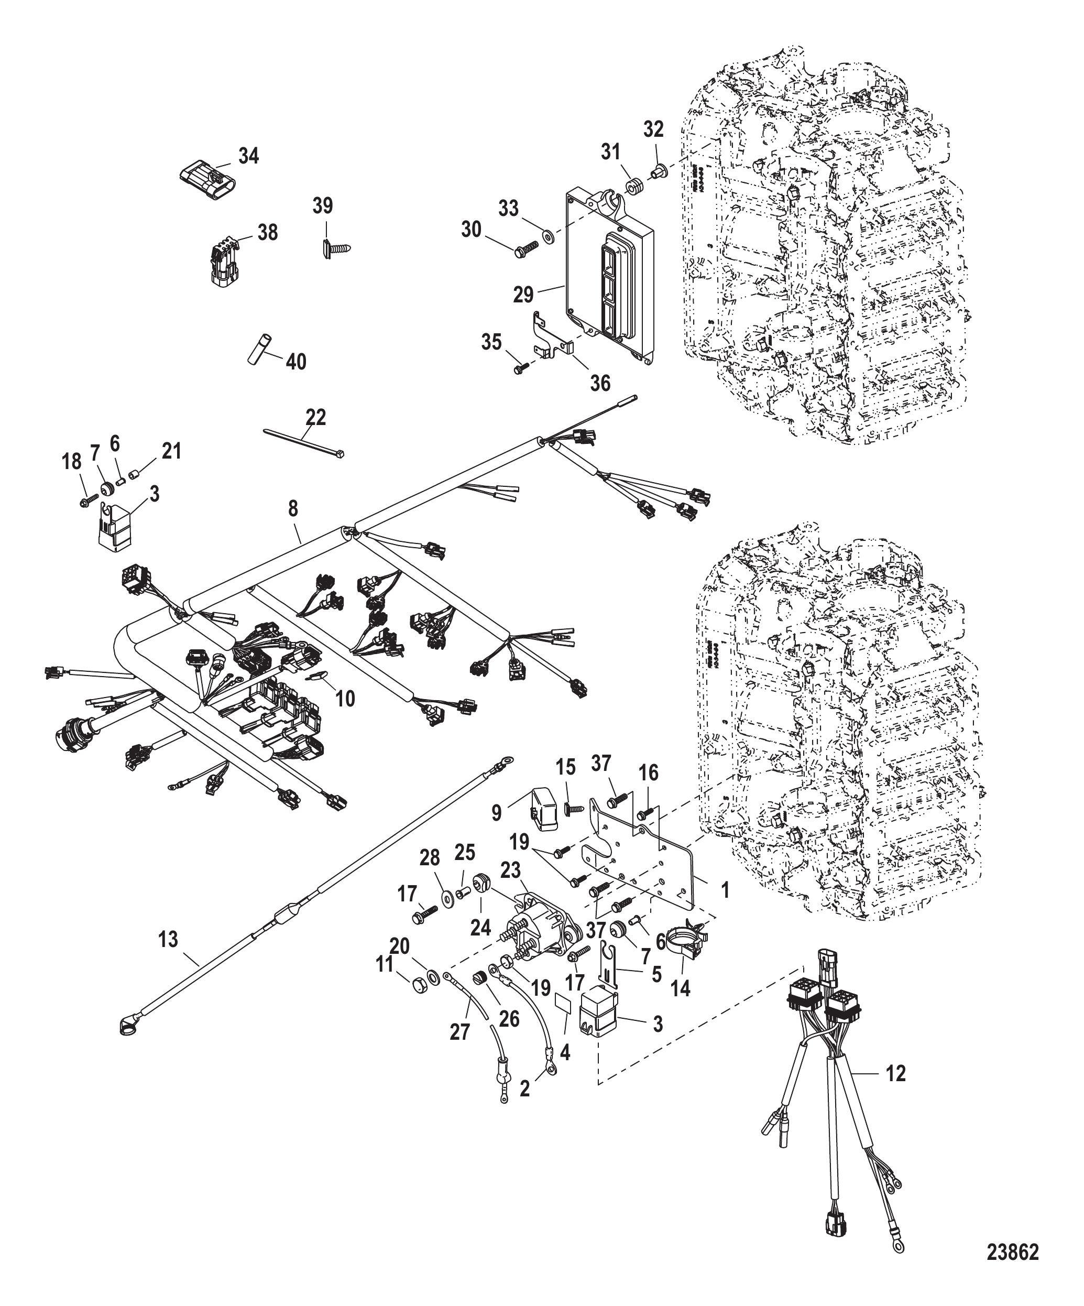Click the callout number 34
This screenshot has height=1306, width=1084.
249,156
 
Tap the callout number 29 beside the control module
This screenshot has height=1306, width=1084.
523,293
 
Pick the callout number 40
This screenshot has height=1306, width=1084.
296,361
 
